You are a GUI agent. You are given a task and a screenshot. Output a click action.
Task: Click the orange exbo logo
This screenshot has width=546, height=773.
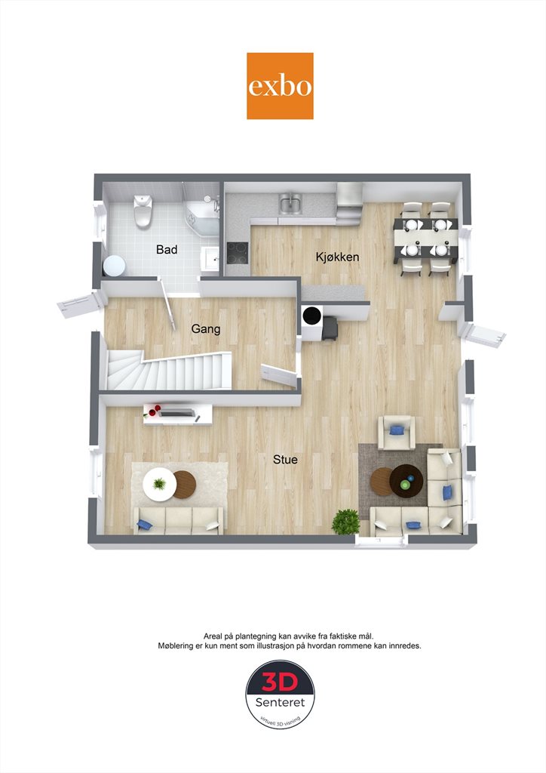point(280,86)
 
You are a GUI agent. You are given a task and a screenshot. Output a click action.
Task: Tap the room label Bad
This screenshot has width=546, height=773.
point(167,249)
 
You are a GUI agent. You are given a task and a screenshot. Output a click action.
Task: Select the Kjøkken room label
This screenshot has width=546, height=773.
point(337,257)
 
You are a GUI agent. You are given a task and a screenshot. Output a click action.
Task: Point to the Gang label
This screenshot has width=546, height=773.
point(206,328)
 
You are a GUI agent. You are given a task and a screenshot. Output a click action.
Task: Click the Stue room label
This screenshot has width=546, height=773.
point(285,460)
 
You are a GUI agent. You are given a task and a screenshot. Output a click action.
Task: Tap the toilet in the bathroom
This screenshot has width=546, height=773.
point(143,211)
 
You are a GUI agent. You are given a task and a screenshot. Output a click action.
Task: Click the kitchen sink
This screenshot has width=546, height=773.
point(290,202)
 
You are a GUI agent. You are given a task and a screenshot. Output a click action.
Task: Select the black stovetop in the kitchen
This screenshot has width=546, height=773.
point(238,253)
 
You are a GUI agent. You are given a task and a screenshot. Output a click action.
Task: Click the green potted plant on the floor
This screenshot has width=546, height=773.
point(345,522)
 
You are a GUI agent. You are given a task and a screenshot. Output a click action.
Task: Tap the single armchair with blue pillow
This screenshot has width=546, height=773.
point(396,432)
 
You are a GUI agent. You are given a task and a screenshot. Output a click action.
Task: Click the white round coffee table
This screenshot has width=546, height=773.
point(160,484)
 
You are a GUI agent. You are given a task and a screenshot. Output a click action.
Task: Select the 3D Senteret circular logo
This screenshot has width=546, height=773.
point(280,694)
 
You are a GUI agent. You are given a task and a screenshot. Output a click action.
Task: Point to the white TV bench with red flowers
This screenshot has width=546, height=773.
point(178,414)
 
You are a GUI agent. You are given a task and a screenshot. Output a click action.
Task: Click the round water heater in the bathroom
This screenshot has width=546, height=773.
point(114,266)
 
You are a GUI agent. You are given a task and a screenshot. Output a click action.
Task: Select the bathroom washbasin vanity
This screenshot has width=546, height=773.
point(210,258)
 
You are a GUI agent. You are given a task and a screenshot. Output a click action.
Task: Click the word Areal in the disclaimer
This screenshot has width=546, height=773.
point(213,636)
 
